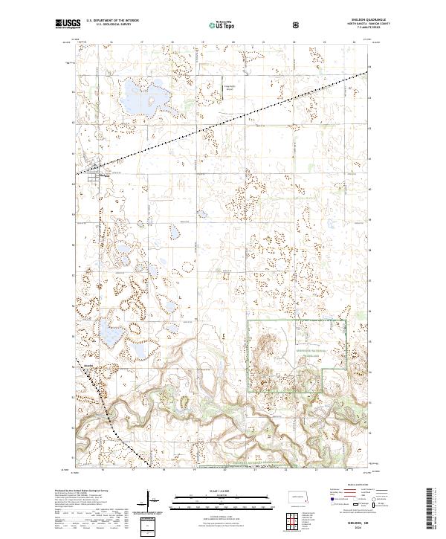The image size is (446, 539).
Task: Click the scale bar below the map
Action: (224, 497)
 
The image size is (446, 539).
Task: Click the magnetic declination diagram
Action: (152, 497)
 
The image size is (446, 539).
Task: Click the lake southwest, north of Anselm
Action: (111, 335)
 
